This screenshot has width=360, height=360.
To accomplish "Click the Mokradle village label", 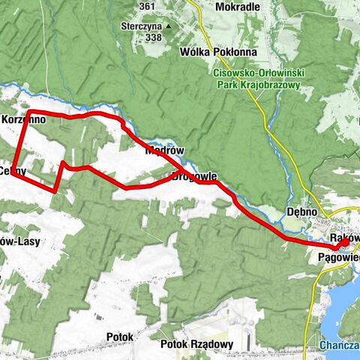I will click(x=236, y=7).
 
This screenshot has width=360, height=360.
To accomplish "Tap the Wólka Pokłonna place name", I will click(x=218, y=52).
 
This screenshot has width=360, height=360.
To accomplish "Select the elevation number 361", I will click(x=146, y=7).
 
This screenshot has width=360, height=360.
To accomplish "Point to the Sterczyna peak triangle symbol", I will click(x=169, y=27).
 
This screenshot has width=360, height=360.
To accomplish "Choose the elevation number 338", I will click(x=154, y=37).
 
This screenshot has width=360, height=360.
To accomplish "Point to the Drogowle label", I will click(x=193, y=178).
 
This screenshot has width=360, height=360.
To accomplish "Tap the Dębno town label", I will click(x=304, y=212).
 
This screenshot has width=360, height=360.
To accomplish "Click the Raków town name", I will click(x=346, y=238).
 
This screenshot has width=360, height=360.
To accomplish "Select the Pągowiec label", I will click(x=340, y=257).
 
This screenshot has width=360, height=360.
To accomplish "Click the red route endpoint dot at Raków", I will click(x=343, y=244).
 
